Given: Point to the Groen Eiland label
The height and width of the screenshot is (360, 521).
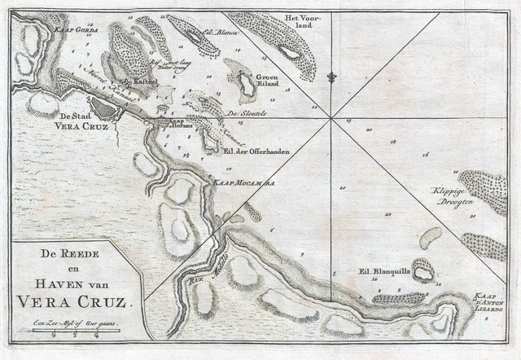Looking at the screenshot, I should (x=271, y=79).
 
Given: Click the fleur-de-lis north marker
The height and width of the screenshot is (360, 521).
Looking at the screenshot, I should (x=331, y=78).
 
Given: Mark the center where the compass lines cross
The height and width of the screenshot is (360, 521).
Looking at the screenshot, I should (x=331, y=119).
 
